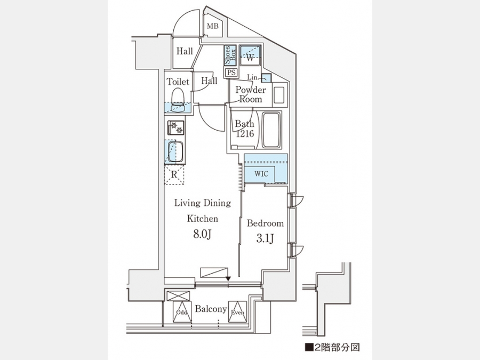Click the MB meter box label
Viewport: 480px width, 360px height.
point(213,26)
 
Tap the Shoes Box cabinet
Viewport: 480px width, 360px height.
point(230,55)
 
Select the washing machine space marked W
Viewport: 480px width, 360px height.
point(250,55)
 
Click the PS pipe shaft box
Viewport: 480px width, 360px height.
point(231,73)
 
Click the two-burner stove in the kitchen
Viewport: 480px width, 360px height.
point(175,127)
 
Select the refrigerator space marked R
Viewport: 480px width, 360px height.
point(174,174)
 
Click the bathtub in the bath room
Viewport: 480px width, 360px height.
point(271,130)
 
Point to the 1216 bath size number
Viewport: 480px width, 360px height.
point(245,133)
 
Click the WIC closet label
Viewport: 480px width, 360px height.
point(261,174)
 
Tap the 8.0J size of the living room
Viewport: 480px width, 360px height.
point(202,234)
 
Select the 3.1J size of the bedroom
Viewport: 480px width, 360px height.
point(265,238)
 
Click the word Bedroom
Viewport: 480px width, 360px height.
point(265,223)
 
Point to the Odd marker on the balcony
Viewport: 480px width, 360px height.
point(182,313)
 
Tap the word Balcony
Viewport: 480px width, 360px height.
point(211,309)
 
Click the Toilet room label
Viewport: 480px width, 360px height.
point(178,82)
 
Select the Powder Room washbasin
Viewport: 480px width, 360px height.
point(279,95)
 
